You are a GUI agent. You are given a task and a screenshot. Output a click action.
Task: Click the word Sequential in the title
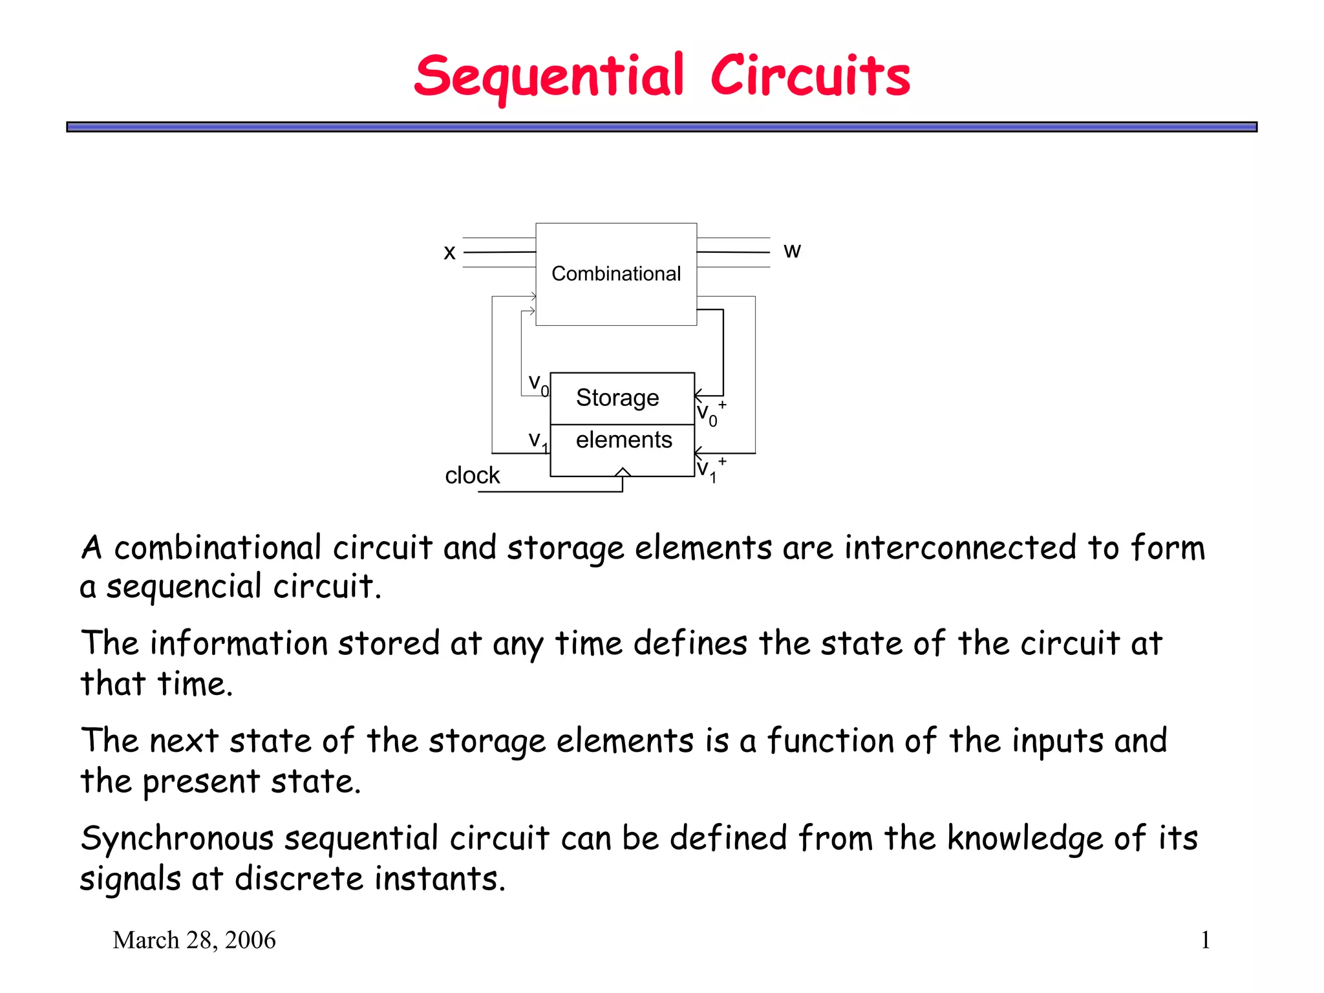tap(549, 77)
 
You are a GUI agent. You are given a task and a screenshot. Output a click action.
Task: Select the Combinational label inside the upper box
tap(616, 274)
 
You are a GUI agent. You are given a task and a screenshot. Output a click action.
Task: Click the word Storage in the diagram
tap(617, 398)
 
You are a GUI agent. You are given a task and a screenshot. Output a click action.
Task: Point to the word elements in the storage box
tap(624, 440)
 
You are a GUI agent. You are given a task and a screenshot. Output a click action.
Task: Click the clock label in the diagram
tap(472, 476)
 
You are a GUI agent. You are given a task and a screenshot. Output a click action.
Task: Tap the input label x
tap(450, 253)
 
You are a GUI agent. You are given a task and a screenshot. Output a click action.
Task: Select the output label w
tap(792, 250)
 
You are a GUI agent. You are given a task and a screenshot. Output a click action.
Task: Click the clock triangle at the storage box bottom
tap(623, 472)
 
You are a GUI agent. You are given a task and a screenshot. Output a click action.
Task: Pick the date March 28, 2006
tap(194, 940)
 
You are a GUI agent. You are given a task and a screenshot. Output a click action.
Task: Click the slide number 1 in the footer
tap(1205, 940)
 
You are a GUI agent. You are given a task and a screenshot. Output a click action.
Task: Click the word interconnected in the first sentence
tap(960, 548)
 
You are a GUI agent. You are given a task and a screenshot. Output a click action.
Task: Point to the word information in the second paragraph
tap(239, 644)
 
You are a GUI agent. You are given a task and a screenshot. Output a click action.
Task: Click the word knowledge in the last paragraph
tap(1025, 839)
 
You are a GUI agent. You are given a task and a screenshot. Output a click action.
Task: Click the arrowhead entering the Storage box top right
tap(699, 395)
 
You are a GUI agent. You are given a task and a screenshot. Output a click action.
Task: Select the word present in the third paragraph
tap(201, 782)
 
